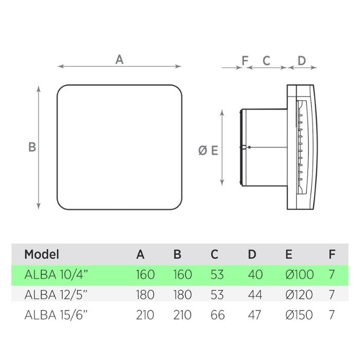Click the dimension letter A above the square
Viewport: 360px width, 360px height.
pos(119,59)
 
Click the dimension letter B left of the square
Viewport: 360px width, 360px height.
pos(32,147)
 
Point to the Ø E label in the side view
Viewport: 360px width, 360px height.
pos(208,150)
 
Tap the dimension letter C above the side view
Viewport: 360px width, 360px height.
pos(266,60)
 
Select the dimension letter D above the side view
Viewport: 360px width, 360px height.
pos(301,60)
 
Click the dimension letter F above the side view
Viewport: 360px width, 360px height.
pos(245,60)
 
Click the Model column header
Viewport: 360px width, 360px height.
pos(42,254)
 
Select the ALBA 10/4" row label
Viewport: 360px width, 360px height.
pos(57,274)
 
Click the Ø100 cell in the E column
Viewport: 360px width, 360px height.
pos(299,274)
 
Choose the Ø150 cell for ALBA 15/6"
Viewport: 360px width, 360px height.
pos(299,315)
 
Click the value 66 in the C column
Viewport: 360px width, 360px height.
pos(218,315)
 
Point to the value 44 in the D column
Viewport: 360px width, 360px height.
pos(255,295)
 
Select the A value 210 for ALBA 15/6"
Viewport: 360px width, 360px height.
pos(145,315)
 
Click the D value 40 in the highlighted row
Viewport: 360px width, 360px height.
pos(255,274)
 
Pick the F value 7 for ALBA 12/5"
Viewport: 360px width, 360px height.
pos(332,295)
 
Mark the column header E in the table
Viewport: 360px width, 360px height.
pos(289,254)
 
